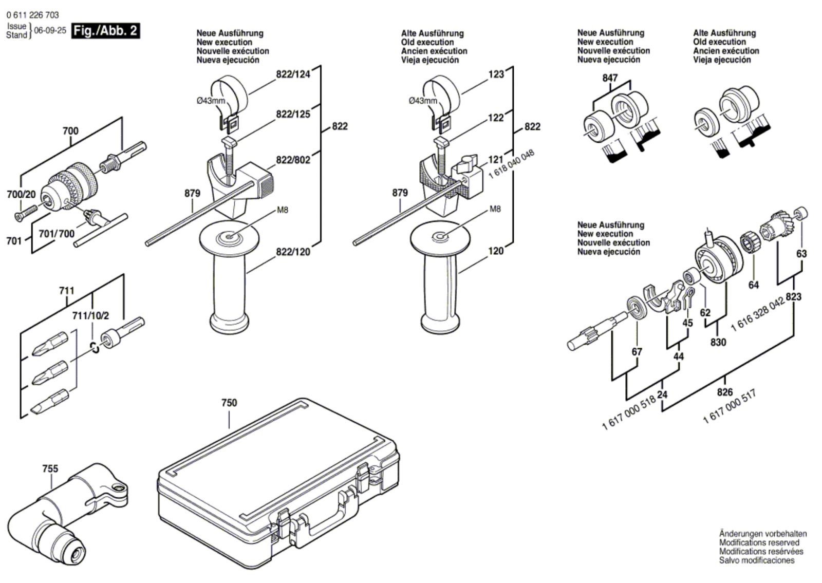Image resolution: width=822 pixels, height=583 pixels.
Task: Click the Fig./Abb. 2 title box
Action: [105, 30]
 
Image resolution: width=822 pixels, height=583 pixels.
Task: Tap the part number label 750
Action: [229, 403]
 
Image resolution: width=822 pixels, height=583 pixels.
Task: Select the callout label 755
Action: [50, 468]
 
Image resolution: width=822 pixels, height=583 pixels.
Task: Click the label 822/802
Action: [293, 160]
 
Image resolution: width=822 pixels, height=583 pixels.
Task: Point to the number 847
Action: [610, 78]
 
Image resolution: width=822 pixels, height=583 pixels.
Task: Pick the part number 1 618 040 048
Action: [512, 164]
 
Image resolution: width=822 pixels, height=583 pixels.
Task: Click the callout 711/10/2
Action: [90, 315]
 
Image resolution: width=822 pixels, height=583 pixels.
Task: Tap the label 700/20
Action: [21, 194]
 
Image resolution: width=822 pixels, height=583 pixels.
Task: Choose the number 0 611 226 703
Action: [33, 15]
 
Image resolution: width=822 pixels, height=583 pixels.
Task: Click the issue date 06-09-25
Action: [50, 30]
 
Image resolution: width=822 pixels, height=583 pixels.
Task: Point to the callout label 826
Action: [725, 392]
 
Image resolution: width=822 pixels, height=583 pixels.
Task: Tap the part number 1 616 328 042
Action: [758, 314]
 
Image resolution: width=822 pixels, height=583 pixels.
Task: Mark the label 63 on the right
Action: [801, 254]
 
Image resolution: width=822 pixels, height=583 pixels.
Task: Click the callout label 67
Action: [637, 351]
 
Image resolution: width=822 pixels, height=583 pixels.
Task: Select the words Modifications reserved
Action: [759, 542]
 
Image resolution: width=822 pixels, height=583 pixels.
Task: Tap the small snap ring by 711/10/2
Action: [95, 347]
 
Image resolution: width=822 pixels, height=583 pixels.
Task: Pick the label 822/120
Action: [293, 252]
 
